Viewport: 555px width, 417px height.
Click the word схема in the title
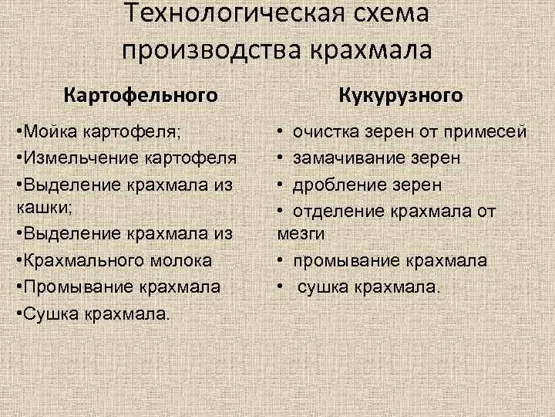click(388, 13)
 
